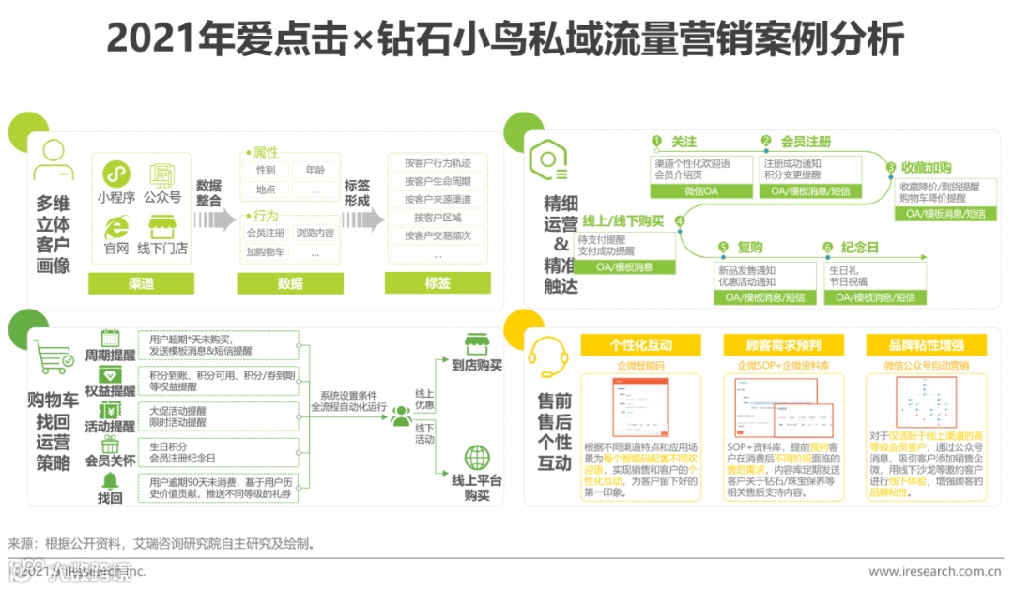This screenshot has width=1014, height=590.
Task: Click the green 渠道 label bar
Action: click(x=141, y=282)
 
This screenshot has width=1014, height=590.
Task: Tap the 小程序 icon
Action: click(x=115, y=174)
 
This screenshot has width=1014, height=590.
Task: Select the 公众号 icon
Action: click(x=162, y=174)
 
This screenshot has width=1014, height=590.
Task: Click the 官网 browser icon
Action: click(x=115, y=226)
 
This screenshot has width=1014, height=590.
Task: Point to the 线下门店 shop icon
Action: click(x=162, y=226)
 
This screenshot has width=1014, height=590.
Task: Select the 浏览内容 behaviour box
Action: click(x=314, y=233)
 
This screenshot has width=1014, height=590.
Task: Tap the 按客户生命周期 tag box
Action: click(x=438, y=180)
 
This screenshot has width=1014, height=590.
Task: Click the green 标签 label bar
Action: click(x=438, y=282)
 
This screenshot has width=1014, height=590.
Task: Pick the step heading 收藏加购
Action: click(x=927, y=167)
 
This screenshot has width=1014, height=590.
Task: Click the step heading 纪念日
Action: click(x=859, y=248)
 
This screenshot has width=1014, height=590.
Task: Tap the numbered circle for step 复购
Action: click(x=723, y=248)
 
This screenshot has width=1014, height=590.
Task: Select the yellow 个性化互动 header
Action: click(x=641, y=344)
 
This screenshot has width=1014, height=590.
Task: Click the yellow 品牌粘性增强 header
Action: click(x=927, y=344)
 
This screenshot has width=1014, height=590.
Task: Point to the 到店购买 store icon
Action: click(x=477, y=344)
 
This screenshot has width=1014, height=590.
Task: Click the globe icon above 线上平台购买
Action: click(x=477, y=459)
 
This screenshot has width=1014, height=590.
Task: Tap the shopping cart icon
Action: click(x=54, y=357)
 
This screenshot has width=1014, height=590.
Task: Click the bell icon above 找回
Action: click(x=110, y=481)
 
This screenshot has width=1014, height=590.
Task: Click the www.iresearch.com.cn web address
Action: click(x=934, y=570)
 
